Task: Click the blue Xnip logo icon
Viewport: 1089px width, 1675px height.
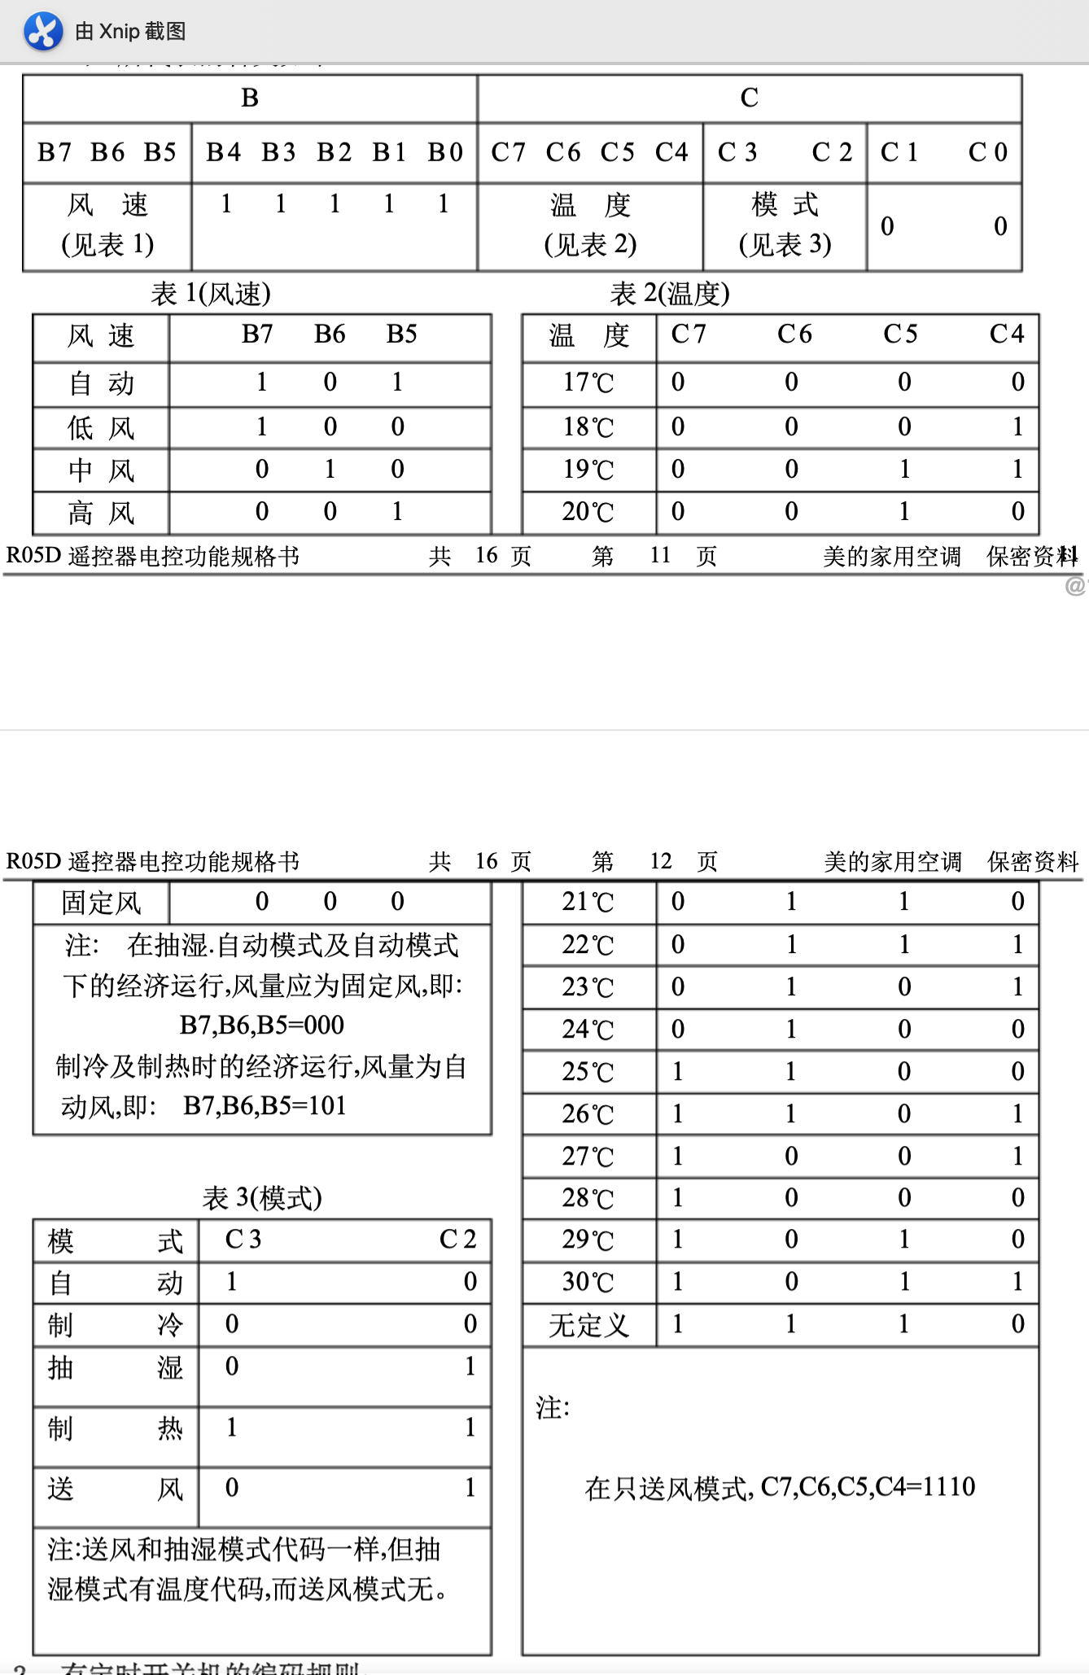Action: click(x=43, y=32)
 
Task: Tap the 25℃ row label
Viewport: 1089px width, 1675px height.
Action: click(x=588, y=1072)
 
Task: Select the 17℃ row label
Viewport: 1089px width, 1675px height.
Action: click(x=588, y=383)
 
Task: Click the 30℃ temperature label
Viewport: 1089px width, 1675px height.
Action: click(x=588, y=1282)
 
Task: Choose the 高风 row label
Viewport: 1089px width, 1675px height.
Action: click(x=101, y=513)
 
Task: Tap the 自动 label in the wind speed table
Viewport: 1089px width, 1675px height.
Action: click(x=101, y=383)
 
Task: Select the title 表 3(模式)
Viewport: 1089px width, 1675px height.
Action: click(x=262, y=1198)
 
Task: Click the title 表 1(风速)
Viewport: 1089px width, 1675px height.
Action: click(x=211, y=294)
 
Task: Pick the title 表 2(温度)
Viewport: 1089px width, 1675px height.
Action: click(x=670, y=294)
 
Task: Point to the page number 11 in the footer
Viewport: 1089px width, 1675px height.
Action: click(x=660, y=556)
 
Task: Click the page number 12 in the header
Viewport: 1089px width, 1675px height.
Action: click(x=661, y=861)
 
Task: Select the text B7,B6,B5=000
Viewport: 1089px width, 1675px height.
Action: click(x=262, y=1026)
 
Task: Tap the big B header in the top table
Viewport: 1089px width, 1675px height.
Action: click(x=250, y=98)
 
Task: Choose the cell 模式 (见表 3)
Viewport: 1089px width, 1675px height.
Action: click(x=785, y=225)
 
